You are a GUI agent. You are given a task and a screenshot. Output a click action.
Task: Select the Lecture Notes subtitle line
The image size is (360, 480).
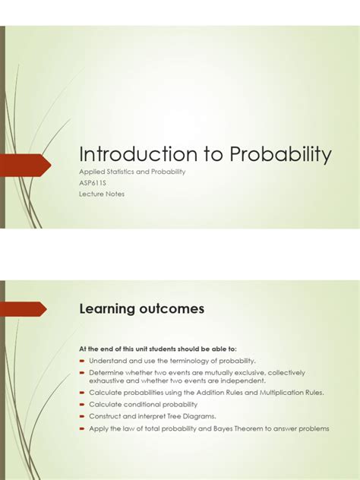102,194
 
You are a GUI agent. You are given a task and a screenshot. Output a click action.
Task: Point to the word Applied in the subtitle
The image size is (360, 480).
92,172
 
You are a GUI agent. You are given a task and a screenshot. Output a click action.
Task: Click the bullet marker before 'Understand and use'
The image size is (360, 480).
83,360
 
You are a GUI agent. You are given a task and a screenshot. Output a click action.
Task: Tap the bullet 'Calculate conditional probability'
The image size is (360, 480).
143,404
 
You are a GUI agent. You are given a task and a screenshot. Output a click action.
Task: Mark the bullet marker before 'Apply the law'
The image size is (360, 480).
83,428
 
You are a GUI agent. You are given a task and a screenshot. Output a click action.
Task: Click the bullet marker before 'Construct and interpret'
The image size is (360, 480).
83,416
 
